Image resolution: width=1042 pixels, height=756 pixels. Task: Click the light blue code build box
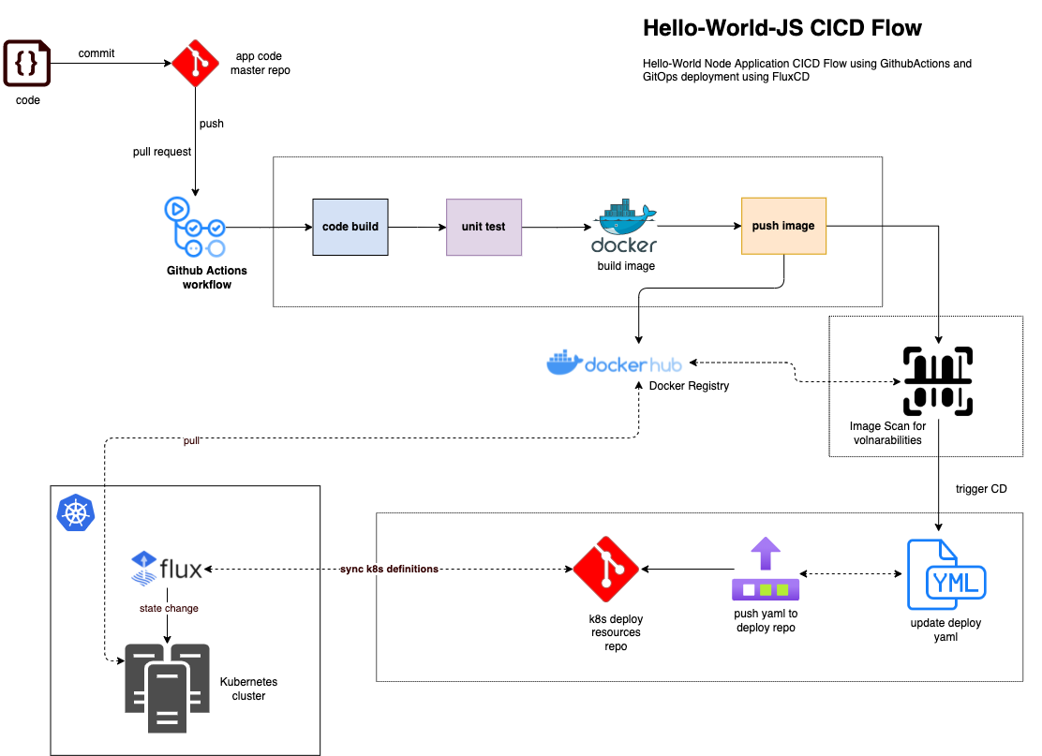tap(350, 227)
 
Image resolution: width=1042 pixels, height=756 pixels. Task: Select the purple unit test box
tap(484, 227)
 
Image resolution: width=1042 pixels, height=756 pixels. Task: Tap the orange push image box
tap(783, 226)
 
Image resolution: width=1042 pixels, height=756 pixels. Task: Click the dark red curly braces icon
tap(26, 64)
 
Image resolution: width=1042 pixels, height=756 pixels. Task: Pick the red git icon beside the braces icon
tap(195, 64)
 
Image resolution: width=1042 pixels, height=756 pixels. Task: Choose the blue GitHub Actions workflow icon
tap(195, 227)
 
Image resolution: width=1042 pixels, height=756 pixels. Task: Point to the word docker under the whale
tap(624, 245)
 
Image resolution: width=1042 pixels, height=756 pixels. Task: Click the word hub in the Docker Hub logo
tap(664, 364)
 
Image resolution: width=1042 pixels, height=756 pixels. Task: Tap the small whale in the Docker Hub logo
tap(564, 363)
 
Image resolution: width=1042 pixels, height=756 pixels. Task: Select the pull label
tap(191, 440)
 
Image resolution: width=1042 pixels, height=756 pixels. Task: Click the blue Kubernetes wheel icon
tap(76, 513)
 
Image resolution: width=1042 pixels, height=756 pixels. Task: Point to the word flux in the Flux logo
tap(181, 569)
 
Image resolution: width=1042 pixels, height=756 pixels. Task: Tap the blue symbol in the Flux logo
tap(143, 569)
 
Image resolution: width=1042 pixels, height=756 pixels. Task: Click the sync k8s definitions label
tap(389, 569)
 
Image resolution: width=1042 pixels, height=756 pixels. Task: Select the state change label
tap(169, 608)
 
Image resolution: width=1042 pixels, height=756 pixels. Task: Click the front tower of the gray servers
tap(168, 698)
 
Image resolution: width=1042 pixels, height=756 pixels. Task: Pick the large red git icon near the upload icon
tap(605, 569)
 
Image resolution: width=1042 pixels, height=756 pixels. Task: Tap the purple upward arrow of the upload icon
tap(766, 553)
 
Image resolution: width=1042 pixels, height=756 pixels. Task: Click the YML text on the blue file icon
tap(956, 584)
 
